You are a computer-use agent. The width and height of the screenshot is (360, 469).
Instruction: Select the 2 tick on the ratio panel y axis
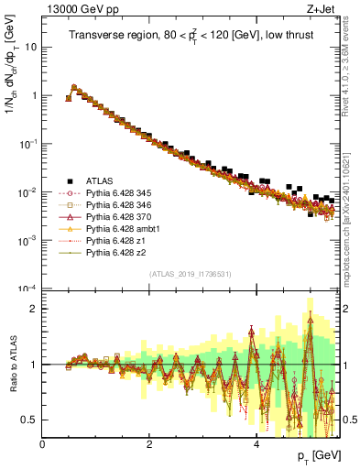35,309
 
